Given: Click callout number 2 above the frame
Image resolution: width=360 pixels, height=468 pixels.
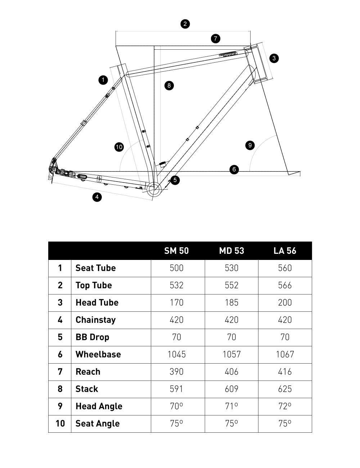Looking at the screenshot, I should tap(185, 24).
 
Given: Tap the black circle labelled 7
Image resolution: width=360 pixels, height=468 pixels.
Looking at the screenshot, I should tap(215, 39).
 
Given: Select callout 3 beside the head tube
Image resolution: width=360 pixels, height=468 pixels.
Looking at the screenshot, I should tap(274, 58).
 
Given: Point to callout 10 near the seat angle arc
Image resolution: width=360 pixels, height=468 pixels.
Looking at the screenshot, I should tap(119, 147).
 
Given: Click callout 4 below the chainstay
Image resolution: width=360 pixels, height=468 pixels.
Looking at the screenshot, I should tap(97, 197).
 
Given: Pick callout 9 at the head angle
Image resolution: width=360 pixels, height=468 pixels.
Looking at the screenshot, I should tap(250, 145).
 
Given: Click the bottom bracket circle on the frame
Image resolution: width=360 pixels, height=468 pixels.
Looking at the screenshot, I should tap(153, 188).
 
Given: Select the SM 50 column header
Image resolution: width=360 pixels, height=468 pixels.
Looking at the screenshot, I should tap(176, 251).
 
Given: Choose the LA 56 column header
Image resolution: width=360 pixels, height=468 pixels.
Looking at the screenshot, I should tap(285, 251).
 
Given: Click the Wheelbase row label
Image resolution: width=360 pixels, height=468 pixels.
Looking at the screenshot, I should tap(98, 355).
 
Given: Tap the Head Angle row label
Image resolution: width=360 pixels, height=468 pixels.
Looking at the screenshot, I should tap(99, 406).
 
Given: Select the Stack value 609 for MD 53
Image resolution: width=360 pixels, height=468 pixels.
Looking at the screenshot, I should tap(231, 389).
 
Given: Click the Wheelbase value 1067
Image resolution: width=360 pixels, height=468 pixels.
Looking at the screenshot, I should tap(285, 355).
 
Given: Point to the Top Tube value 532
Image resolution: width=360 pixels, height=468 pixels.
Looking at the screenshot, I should tap(176, 285).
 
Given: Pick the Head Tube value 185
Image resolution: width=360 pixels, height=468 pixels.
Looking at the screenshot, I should tap(231, 303).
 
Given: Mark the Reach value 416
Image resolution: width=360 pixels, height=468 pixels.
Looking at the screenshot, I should tap(285, 372).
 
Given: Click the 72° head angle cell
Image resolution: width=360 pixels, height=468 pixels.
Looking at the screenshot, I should tap(285, 406).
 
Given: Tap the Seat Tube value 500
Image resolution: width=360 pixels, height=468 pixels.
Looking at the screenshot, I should tap(176, 268).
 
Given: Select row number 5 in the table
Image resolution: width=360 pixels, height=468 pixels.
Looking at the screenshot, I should tap(60, 337).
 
